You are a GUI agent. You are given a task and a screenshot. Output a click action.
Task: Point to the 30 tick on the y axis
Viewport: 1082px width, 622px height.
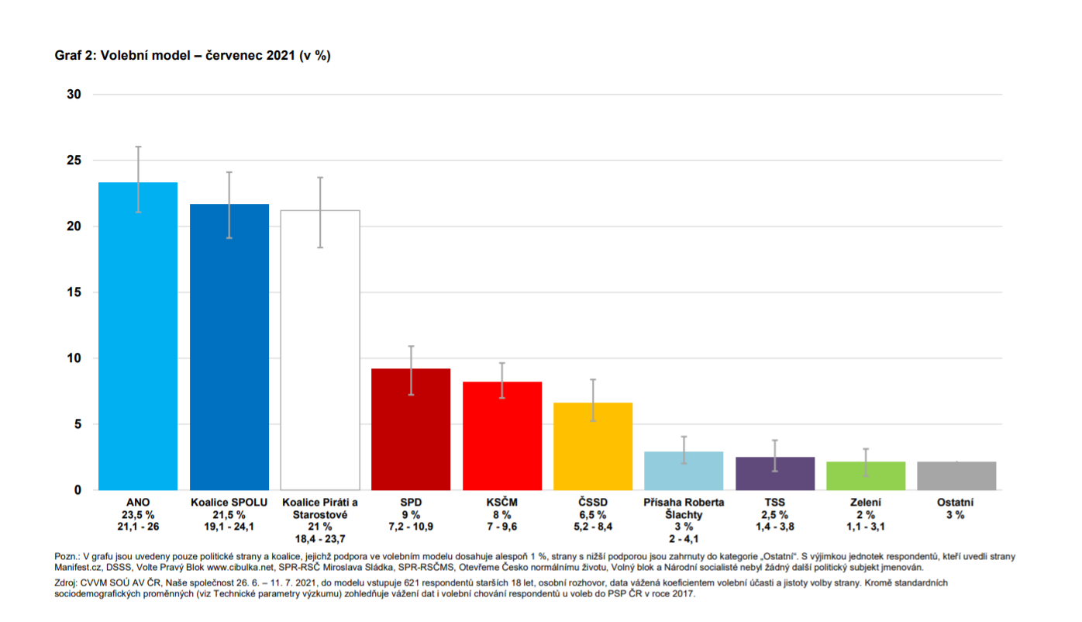click(74, 95)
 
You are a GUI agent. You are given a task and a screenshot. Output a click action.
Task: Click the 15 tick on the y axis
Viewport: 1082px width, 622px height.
click(74, 292)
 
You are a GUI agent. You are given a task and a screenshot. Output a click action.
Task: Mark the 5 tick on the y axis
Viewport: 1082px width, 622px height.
click(78, 424)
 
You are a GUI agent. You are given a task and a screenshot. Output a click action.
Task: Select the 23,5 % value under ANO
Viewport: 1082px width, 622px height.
click(138, 515)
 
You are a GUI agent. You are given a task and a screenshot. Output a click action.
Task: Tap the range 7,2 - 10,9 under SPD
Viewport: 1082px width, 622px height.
click(411, 527)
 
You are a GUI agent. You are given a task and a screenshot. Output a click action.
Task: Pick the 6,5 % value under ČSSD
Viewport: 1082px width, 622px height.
click(593, 515)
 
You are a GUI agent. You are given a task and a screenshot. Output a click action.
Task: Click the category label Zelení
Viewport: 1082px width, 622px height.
click(866, 503)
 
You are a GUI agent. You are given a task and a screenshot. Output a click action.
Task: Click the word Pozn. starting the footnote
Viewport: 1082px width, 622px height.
click(67, 556)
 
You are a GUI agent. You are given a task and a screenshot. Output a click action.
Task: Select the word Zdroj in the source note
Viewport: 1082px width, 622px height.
click(68, 582)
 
